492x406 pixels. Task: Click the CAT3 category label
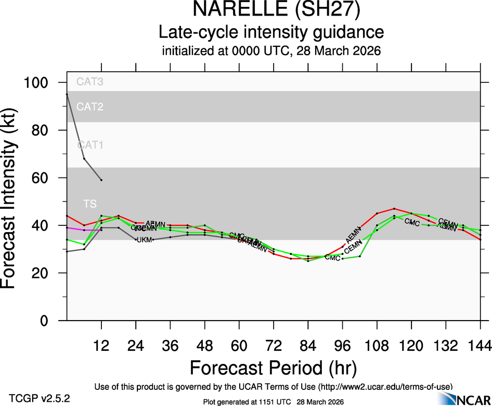[90, 82]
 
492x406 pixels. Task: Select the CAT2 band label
[90, 107]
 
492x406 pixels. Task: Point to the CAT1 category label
[90, 145]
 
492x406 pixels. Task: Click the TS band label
[90, 204]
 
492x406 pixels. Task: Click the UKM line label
[144, 240]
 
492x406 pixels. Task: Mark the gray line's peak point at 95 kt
[67, 94]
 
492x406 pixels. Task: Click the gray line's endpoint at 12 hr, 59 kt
[101, 180]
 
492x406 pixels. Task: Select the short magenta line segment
[83, 230]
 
